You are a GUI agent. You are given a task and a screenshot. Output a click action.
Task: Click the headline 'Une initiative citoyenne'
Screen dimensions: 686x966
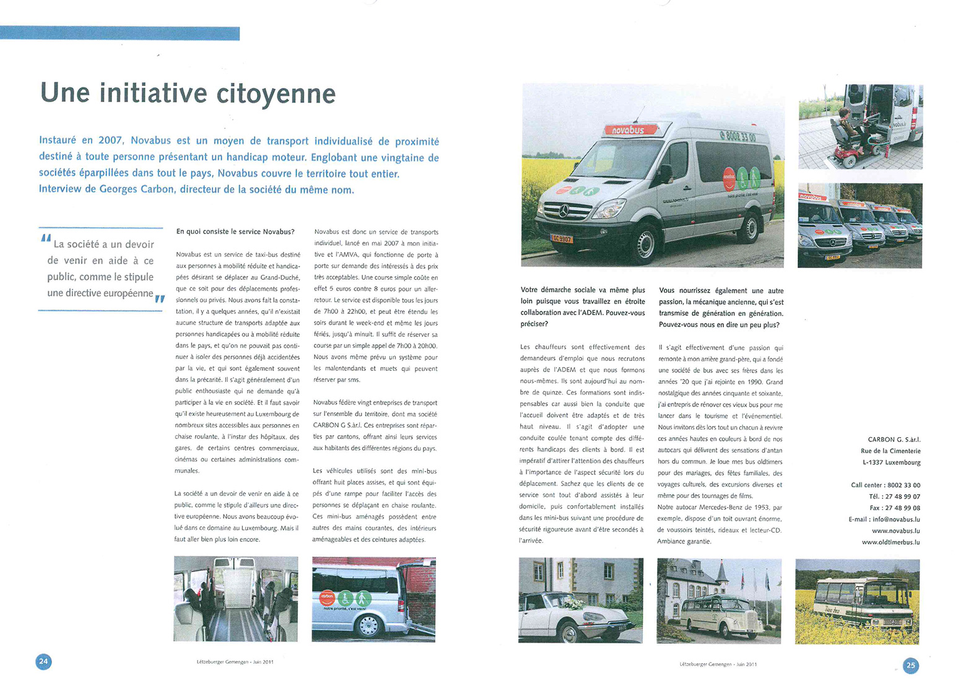coord(188,93)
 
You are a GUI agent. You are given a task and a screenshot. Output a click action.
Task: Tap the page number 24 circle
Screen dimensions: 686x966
coord(43,661)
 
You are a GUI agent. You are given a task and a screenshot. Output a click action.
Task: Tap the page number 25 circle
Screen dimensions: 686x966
coord(910,666)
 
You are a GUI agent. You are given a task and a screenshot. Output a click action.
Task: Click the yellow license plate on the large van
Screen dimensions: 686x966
coord(562,238)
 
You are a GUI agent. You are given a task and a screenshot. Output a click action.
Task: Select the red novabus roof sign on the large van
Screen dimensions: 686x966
coord(629,129)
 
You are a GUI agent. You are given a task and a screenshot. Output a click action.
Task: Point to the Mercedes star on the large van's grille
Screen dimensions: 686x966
coord(564,211)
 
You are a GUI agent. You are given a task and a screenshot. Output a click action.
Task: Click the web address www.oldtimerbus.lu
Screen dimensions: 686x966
coord(890,542)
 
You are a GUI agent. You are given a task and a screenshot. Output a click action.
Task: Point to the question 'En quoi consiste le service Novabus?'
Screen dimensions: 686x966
coord(235,232)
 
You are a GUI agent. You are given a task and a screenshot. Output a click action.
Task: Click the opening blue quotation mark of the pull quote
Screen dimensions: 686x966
coord(45,238)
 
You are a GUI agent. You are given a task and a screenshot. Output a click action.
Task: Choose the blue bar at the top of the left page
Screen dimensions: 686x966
coord(120,33)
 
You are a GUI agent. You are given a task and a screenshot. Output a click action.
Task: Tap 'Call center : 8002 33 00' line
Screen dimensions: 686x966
coord(885,485)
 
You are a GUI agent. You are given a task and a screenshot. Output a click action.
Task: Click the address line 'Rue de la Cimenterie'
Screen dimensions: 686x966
coord(890,451)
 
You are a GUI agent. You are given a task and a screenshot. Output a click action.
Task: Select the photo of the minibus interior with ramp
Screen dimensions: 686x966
coord(236,599)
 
